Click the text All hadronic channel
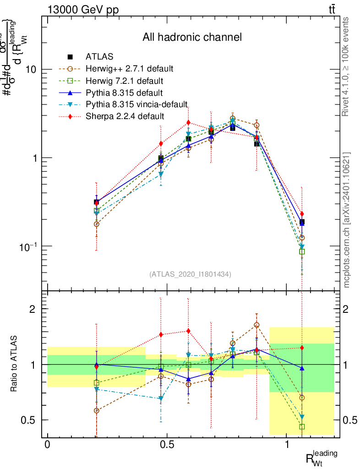pyautogui.click(x=192, y=37)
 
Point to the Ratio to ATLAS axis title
pyautogui.click(x=15, y=364)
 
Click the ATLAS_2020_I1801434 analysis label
pyautogui.click(x=190, y=274)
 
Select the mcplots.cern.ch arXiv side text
pyautogui.click(x=347, y=220)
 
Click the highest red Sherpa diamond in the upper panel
pyautogui.click(x=188, y=122)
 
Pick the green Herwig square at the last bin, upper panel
pyautogui.click(x=302, y=251)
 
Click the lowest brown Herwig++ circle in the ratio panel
pyautogui.click(x=96, y=410)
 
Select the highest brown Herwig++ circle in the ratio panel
pyautogui.click(x=256, y=325)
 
